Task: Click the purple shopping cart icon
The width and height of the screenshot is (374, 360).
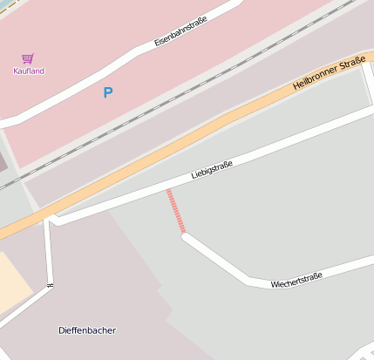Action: click(x=28, y=58)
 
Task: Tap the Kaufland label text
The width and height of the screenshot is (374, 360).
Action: click(x=28, y=71)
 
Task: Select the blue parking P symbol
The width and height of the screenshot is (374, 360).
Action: click(x=108, y=92)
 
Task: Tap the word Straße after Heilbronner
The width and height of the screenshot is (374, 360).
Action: click(x=352, y=62)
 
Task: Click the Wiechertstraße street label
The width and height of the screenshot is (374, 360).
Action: click(x=296, y=279)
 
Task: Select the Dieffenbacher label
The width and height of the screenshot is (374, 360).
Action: click(x=87, y=330)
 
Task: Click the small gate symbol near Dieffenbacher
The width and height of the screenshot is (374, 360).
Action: click(x=51, y=284)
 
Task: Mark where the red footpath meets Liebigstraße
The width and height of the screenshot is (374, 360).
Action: click(x=167, y=189)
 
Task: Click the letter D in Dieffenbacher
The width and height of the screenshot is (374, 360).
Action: click(x=62, y=330)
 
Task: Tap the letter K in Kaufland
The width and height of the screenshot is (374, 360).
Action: click(x=16, y=71)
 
